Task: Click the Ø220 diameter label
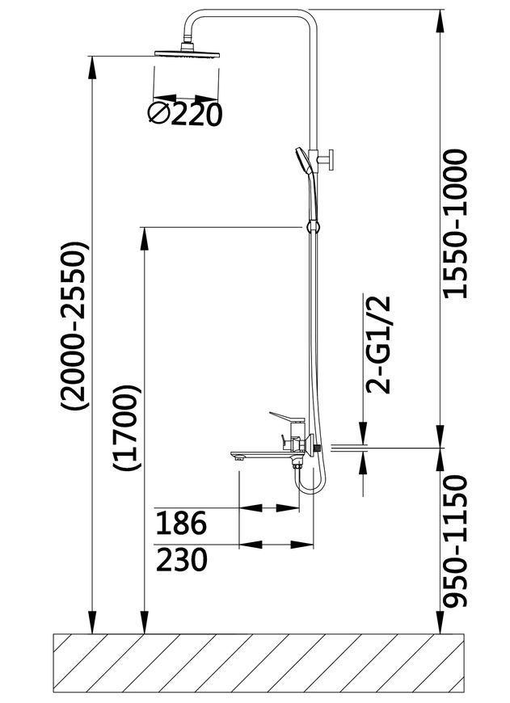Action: tap(185, 114)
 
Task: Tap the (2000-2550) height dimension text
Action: tap(74, 326)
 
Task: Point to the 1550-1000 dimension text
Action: tap(455, 224)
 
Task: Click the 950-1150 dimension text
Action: tap(455, 541)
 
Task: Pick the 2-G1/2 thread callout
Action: tap(378, 344)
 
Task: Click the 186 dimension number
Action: tap(181, 523)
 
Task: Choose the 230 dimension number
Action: tap(182, 559)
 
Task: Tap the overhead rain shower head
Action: tap(187, 51)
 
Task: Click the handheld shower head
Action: tap(302, 162)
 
